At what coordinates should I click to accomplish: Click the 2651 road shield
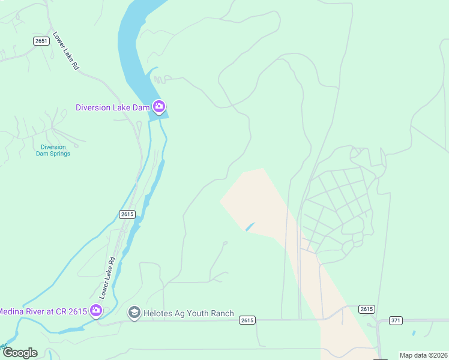pos(41,41)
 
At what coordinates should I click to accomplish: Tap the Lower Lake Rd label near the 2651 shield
pos(66,52)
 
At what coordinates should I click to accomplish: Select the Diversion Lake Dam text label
pos(112,108)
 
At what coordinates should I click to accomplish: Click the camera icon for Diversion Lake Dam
pos(158,107)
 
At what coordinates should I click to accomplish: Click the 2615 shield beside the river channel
pos(127,214)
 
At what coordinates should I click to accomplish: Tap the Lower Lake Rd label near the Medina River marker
pos(107,278)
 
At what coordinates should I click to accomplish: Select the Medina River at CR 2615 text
pos(42,311)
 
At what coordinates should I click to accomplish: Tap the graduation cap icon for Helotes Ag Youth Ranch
pos(134,313)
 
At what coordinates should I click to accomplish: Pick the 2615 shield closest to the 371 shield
pos(367,309)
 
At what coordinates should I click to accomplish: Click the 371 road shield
pos(396,320)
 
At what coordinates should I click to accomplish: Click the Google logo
pos(20,352)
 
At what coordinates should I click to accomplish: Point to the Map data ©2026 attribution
pos(423,355)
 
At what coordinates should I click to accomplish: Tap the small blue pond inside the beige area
pos(250,226)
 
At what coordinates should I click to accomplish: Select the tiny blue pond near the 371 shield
pos(414,332)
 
